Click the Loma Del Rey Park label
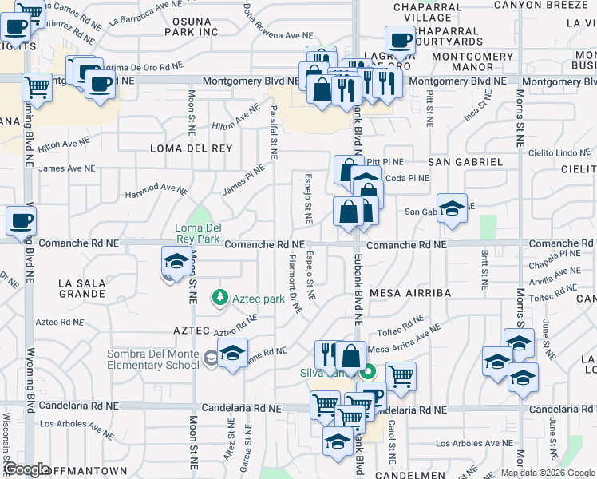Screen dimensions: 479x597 [196, 232]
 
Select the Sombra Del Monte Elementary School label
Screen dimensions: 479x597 [154, 359]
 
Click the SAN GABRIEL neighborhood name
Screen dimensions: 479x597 [465, 161]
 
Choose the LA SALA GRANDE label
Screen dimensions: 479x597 [81, 288]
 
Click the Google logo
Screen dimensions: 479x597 [26, 469]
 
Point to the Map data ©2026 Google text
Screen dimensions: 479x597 [547, 473]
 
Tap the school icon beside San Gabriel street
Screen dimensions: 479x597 [452, 208]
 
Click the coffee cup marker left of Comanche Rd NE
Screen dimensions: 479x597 [22, 220]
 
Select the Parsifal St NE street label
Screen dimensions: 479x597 [274, 132]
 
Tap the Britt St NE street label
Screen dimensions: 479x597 [484, 268]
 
